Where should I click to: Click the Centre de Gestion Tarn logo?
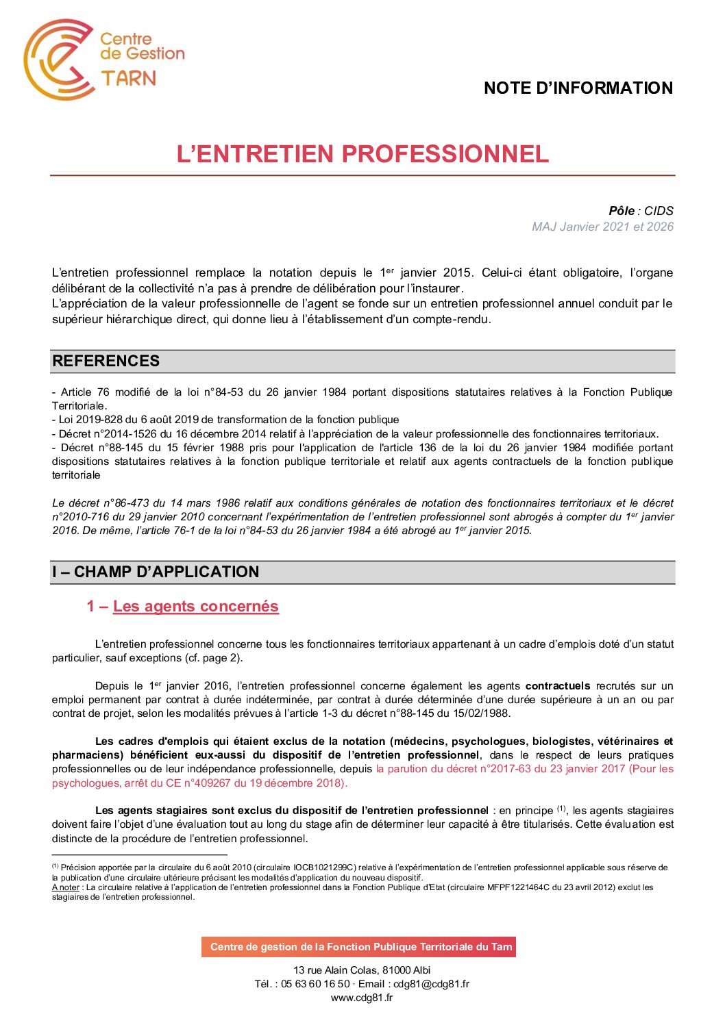(x=104, y=60)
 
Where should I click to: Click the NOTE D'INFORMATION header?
(x=578, y=88)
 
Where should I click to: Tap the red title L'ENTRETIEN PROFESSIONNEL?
(x=362, y=153)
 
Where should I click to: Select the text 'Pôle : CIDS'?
(x=641, y=211)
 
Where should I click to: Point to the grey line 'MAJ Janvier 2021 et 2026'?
(x=602, y=227)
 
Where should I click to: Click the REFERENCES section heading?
(x=106, y=361)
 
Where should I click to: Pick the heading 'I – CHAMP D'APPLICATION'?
(x=156, y=572)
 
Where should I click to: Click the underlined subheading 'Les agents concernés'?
(x=196, y=606)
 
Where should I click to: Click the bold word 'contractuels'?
(x=557, y=685)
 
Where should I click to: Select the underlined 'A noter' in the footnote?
(x=66, y=887)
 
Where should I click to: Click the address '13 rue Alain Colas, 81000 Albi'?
(x=362, y=970)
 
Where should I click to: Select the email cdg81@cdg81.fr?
(x=431, y=984)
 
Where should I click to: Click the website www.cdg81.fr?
(x=362, y=998)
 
